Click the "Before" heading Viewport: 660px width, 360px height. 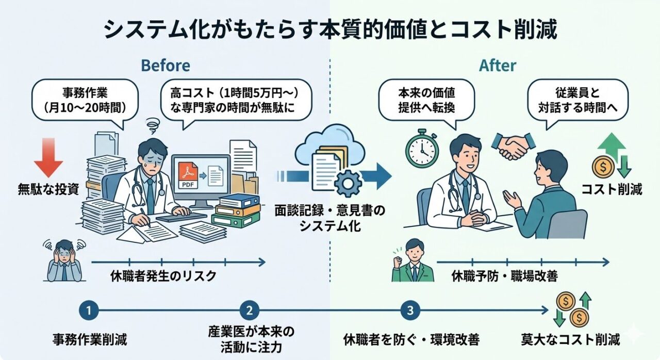(165, 66)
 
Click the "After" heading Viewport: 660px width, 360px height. (498, 66)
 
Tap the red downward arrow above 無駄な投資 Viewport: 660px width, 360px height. (48, 157)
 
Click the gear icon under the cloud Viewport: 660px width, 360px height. (346, 181)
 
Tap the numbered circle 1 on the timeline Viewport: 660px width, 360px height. (89, 310)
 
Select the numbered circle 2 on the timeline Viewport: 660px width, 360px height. (249, 310)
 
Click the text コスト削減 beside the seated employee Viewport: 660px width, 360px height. (612, 189)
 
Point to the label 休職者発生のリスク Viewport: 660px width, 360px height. (163, 276)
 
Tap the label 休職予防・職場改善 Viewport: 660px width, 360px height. (505, 276)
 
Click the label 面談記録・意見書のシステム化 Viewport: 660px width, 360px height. (330, 219)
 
